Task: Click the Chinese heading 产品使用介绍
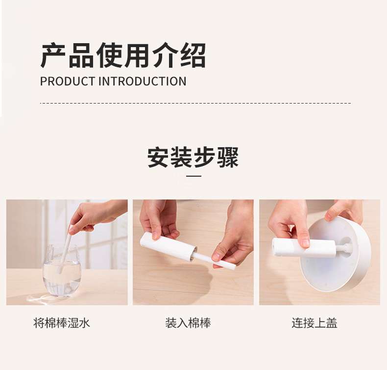pos(123,55)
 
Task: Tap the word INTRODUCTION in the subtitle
pos(143,81)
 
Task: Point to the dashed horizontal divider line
pos(195,103)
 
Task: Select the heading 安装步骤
pos(193,158)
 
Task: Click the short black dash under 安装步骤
pos(193,176)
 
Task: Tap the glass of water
pos(62,271)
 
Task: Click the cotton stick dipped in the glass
pos(65,248)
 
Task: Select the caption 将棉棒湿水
pos(61,323)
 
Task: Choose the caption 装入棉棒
pos(188,323)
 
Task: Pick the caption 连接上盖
pos(314,323)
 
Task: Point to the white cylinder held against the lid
pos(290,247)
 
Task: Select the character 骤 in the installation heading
pos(228,158)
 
